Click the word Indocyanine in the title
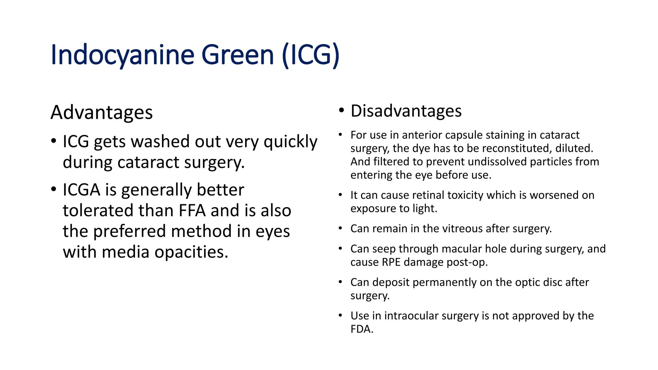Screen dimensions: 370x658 click(x=122, y=55)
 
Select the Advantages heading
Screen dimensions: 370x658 click(x=102, y=113)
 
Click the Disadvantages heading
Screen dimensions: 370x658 click(x=406, y=111)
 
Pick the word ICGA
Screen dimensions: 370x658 click(x=81, y=190)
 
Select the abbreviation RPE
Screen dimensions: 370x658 click(x=391, y=262)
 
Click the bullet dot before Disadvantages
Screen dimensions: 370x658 click(x=342, y=110)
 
